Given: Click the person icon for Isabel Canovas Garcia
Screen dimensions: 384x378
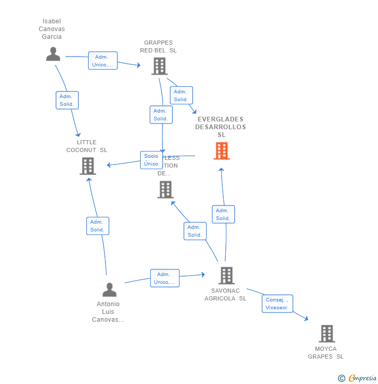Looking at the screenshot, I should point(53,54).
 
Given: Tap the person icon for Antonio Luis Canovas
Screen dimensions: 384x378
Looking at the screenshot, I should point(110,290).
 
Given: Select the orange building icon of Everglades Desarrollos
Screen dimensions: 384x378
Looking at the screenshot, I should point(222,151).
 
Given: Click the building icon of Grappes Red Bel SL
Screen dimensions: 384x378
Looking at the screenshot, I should point(159,66).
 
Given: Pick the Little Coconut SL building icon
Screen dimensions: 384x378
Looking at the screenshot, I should point(88,166).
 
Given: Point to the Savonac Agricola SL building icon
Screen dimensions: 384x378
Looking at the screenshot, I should point(226,276).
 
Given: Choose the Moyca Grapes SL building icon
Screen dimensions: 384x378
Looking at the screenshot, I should point(327,334).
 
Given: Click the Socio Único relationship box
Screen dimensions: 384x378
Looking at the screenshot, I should point(151,160).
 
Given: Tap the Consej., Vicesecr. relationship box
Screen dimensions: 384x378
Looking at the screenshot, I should point(277,304).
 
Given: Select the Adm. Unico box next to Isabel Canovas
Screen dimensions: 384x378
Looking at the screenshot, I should point(103,61).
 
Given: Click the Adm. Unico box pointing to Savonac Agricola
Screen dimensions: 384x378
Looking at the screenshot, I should point(165,278).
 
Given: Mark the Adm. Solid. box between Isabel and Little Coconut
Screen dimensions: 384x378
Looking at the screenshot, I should point(67,100).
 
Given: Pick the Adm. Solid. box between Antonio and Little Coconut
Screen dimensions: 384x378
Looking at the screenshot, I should point(98,226).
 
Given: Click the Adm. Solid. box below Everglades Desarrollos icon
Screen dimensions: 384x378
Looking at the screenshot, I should point(223,214).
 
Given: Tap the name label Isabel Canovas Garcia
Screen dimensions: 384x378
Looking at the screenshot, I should point(52,29).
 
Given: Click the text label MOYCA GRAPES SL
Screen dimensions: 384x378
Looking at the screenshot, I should point(326,353).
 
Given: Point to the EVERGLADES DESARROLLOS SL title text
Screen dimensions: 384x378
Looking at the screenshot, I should point(221,127).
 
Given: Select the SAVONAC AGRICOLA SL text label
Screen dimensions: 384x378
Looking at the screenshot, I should point(225,295).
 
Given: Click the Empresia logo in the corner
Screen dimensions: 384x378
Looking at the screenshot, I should point(358,378).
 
